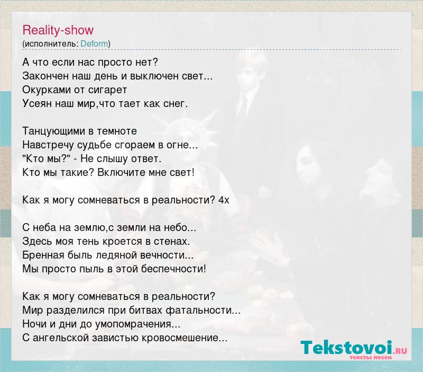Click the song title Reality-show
[x=58, y=30]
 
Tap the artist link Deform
[x=94, y=44]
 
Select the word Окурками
[x=46, y=90]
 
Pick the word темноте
[x=117, y=131]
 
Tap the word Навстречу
[x=48, y=145]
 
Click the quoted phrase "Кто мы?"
[x=47, y=158]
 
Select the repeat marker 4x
[x=224, y=200]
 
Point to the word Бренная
[x=43, y=255]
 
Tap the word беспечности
[x=173, y=269]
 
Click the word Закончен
[x=45, y=76]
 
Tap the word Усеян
[x=37, y=104]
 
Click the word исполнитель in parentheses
[x=51, y=44]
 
